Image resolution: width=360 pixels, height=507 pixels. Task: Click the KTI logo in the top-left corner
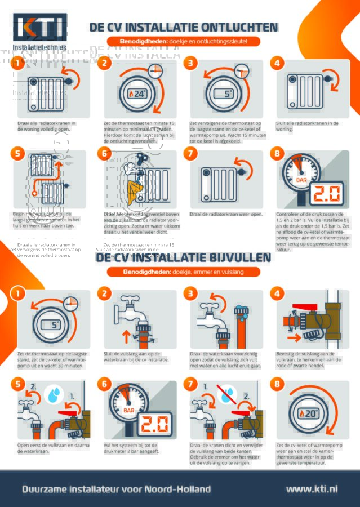[x=39, y=27]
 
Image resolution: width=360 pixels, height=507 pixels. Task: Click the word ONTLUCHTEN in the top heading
[x=232, y=27]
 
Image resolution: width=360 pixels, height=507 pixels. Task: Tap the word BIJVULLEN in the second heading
[x=230, y=257]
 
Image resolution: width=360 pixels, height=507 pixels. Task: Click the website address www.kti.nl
[x=312, y=489]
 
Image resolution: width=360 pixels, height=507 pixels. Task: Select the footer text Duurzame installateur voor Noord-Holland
[x=116, y=489]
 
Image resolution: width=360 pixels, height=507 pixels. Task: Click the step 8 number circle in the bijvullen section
[x=277, y=384]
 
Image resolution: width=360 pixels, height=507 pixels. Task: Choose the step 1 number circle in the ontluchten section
[x=19, y=64]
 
